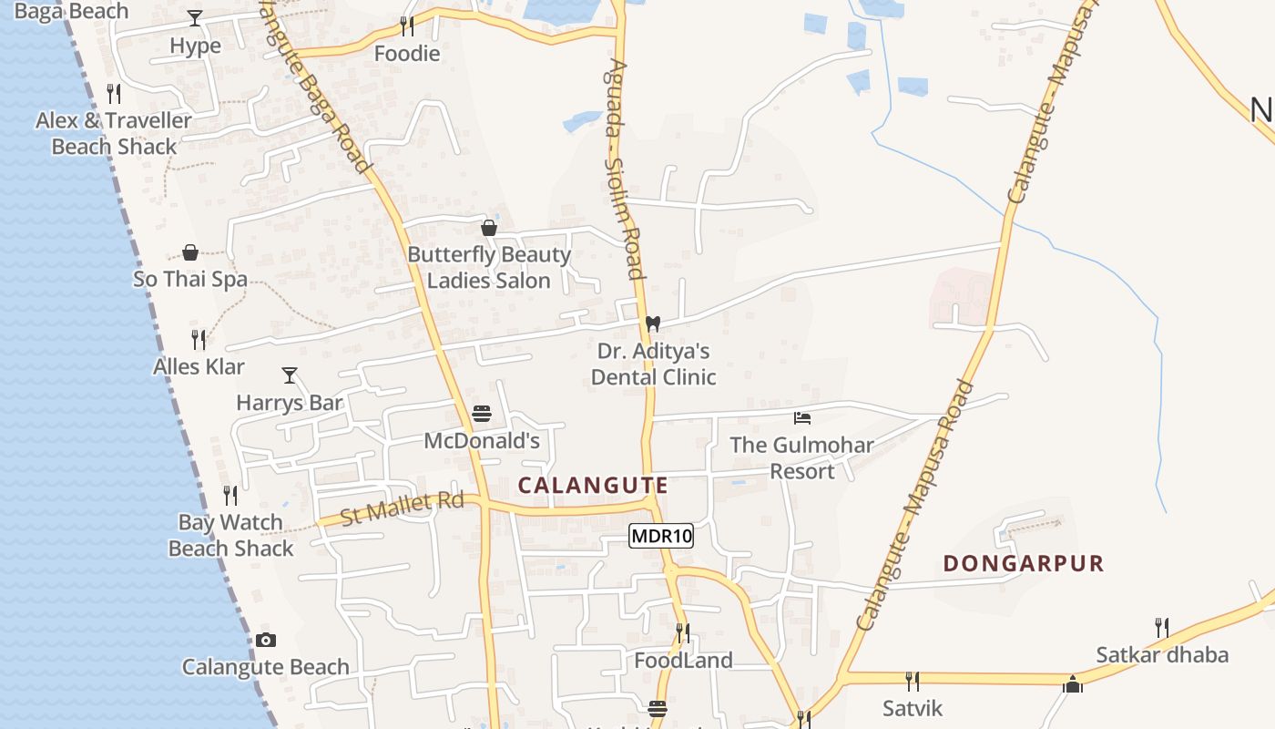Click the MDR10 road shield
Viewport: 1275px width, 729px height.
pos(661,537)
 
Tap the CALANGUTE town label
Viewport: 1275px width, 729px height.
pos(593,486)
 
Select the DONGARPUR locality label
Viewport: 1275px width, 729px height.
pos(1024,563)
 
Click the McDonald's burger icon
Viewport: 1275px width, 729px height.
pos(482,415)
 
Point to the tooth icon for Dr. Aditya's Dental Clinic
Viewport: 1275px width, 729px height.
pos(652,323)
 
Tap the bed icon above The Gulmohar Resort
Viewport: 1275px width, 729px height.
pos(802,418)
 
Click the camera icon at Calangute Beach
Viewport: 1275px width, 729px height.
pos(265,640)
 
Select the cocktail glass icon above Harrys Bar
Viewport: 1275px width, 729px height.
pos(290,375)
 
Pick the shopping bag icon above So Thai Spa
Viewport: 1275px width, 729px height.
pos(190,252)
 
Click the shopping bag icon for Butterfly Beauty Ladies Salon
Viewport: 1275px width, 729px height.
pos(489,228)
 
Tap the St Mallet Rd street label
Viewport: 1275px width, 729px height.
pos(402,508)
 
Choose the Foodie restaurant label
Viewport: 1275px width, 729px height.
pos(407,54)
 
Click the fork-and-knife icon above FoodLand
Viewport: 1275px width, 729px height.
pos(682,632)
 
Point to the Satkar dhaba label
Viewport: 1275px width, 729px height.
pos(1162,654)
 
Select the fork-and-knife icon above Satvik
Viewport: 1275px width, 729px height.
pos(912,681)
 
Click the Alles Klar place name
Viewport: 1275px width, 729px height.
pos(199,366)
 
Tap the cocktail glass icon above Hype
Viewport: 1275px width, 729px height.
pos(195,18)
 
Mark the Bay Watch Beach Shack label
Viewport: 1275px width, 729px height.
pos(231,535)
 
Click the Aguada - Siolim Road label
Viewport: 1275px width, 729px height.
pos(627,169)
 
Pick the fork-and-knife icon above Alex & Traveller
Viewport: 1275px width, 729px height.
pos(114,93)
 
